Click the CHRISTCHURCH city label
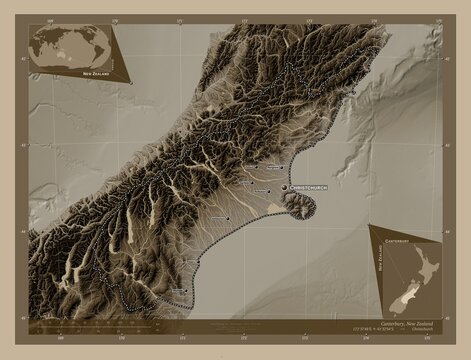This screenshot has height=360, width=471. tap(309, 187)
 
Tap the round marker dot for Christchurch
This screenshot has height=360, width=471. tap(284, 187)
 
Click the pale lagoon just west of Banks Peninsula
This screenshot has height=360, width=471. tap(275, 205)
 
